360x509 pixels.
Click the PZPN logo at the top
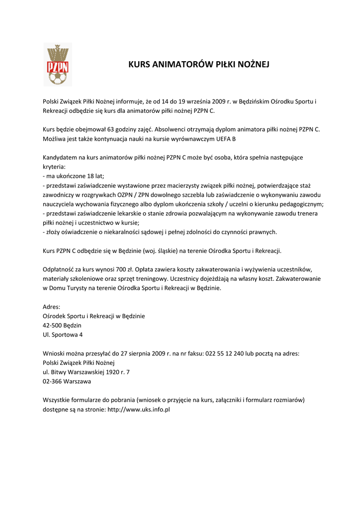tap(58, 65)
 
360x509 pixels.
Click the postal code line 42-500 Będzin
tap(62, 325)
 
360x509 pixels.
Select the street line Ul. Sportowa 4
tap(63, 335)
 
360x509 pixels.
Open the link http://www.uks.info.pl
tap(139, 410)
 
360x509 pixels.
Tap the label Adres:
tap(52, 306)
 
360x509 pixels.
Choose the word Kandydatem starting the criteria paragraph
tap(62, 157)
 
